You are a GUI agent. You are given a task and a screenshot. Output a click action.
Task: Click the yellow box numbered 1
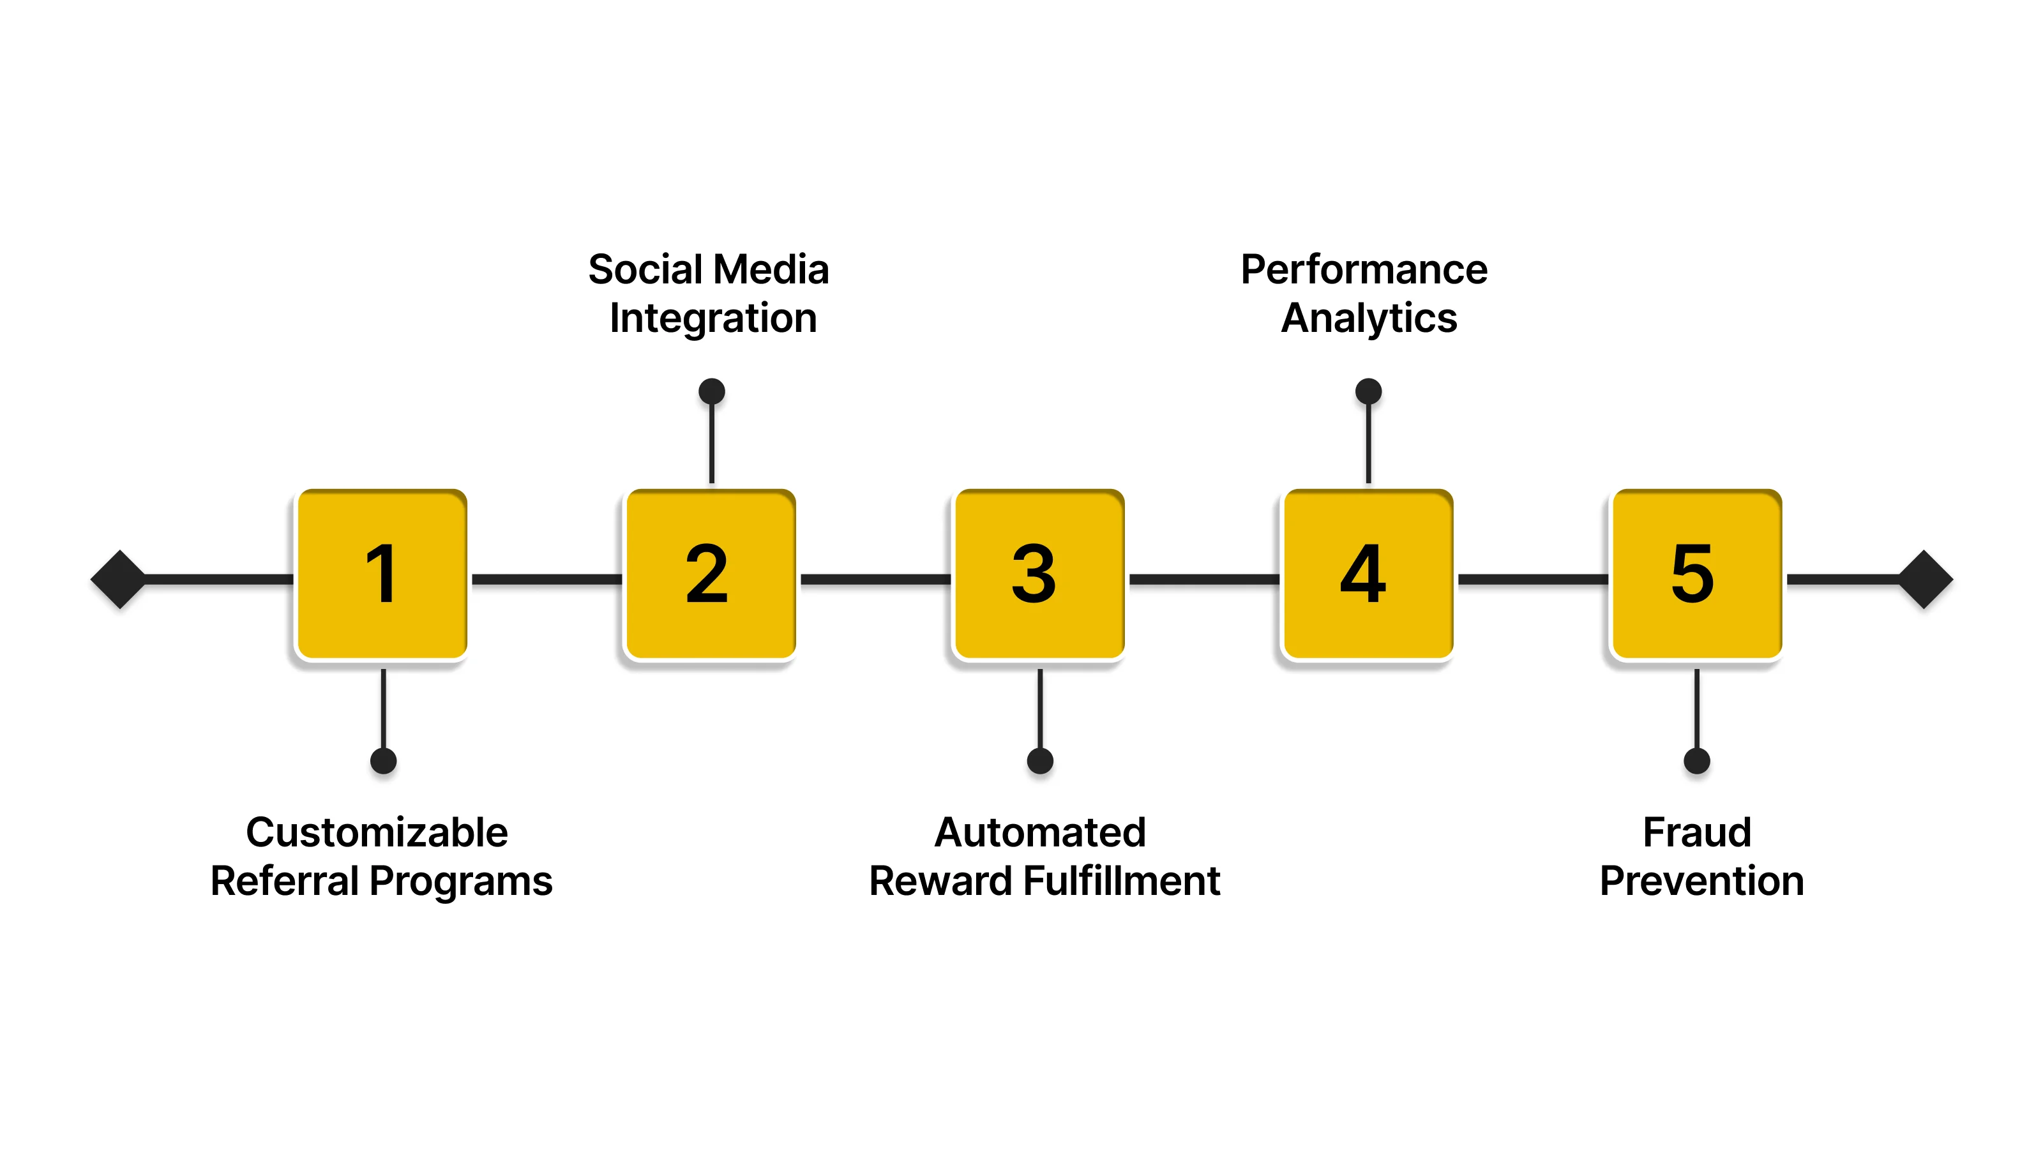[x=382, y=574]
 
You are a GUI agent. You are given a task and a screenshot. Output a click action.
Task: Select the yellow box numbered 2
[x=711, y=574]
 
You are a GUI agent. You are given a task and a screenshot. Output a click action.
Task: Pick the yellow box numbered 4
[x=1368, y=574]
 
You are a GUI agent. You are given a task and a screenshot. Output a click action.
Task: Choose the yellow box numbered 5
[x=1697, y=574]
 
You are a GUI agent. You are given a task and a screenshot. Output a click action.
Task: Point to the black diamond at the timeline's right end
[x=1925, y=580]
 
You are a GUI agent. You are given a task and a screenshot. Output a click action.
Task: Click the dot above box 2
[x=711, y=391]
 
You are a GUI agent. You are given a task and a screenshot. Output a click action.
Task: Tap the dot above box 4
[x=1368, y=391]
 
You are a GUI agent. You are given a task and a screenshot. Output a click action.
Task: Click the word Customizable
[x=377, y=832]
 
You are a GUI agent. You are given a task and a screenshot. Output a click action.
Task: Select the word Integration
[x=713, y=319]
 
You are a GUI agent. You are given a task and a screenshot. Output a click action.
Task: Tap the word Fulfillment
[x=1122, y=881]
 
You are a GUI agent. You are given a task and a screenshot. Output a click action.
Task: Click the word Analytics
[x=1369, y=319]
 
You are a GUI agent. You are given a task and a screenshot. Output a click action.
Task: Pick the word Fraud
[x=1696, y=832]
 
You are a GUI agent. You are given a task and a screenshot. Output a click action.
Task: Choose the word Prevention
[x=1702, y=881]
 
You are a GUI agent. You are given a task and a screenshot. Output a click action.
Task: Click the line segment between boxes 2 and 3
[x=875, y=580]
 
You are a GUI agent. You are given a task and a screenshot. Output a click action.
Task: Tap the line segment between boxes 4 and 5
[x=1533, y=580]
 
